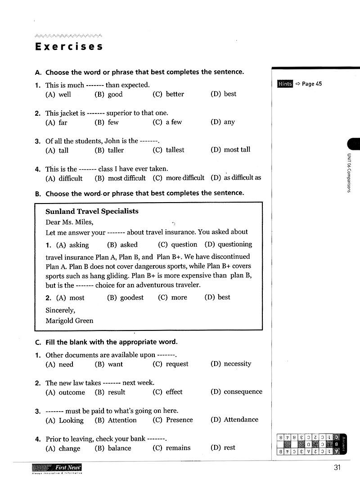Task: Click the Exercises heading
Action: click(69, 46)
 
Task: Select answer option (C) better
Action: click(168, 94)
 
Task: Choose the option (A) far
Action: click(56, 122)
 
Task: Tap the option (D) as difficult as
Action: click(236, 177)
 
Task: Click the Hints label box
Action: click(285, 84)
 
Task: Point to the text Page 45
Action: click(312, 84)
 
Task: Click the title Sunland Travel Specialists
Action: click(92, 211)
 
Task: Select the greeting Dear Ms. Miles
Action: click(69, 222)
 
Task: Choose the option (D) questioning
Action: click(228, 244)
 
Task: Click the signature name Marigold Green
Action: click(69, 321)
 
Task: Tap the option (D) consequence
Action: click(236, 392)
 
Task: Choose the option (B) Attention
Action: click(116, 420)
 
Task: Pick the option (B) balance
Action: click(113, 448)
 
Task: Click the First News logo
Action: click(57, 469)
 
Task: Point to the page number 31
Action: click(337, 467)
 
